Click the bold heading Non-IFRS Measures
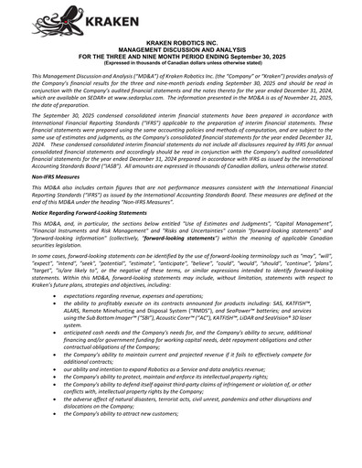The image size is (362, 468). [x=57, y=199]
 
